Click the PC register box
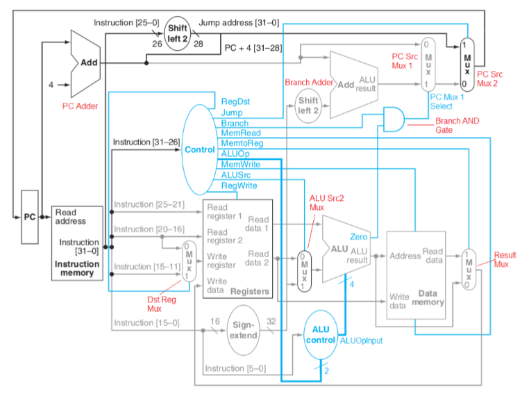click(30, 217)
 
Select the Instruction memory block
click(77, 242)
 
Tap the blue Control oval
click(199, 149)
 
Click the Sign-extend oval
click(244, 329)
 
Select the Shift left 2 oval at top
click(176, 33)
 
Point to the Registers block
click(237, 248)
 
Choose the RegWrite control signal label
click(238, 186)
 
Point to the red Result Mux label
click(505, 260)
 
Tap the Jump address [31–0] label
click(239, 22)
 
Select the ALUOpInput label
click(362, 340)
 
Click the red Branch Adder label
click(307, 83)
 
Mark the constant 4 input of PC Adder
click(50, 85)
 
